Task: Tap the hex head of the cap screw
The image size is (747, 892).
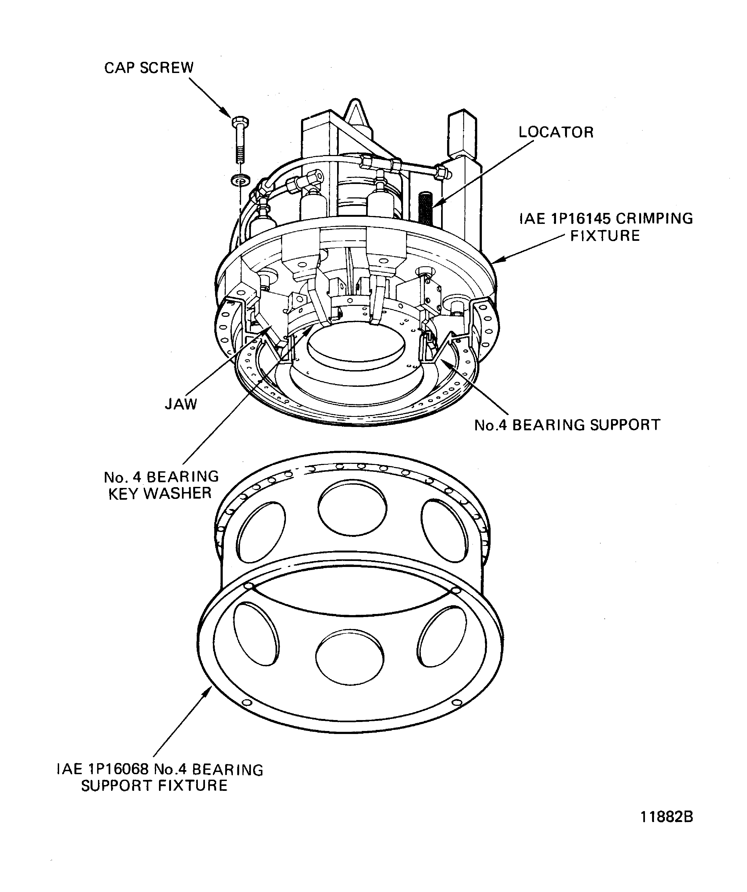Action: pyautogui.click(x=241, y=122)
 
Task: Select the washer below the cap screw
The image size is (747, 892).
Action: pyautogui.click(x=240, y=180)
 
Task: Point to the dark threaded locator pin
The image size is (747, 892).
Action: pyautogui.click(x=425, y=208)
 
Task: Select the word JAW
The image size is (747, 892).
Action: pyautogui.click(x=181, y=404)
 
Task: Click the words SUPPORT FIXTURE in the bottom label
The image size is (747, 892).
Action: pyautogui.click(x=154, y=786)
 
